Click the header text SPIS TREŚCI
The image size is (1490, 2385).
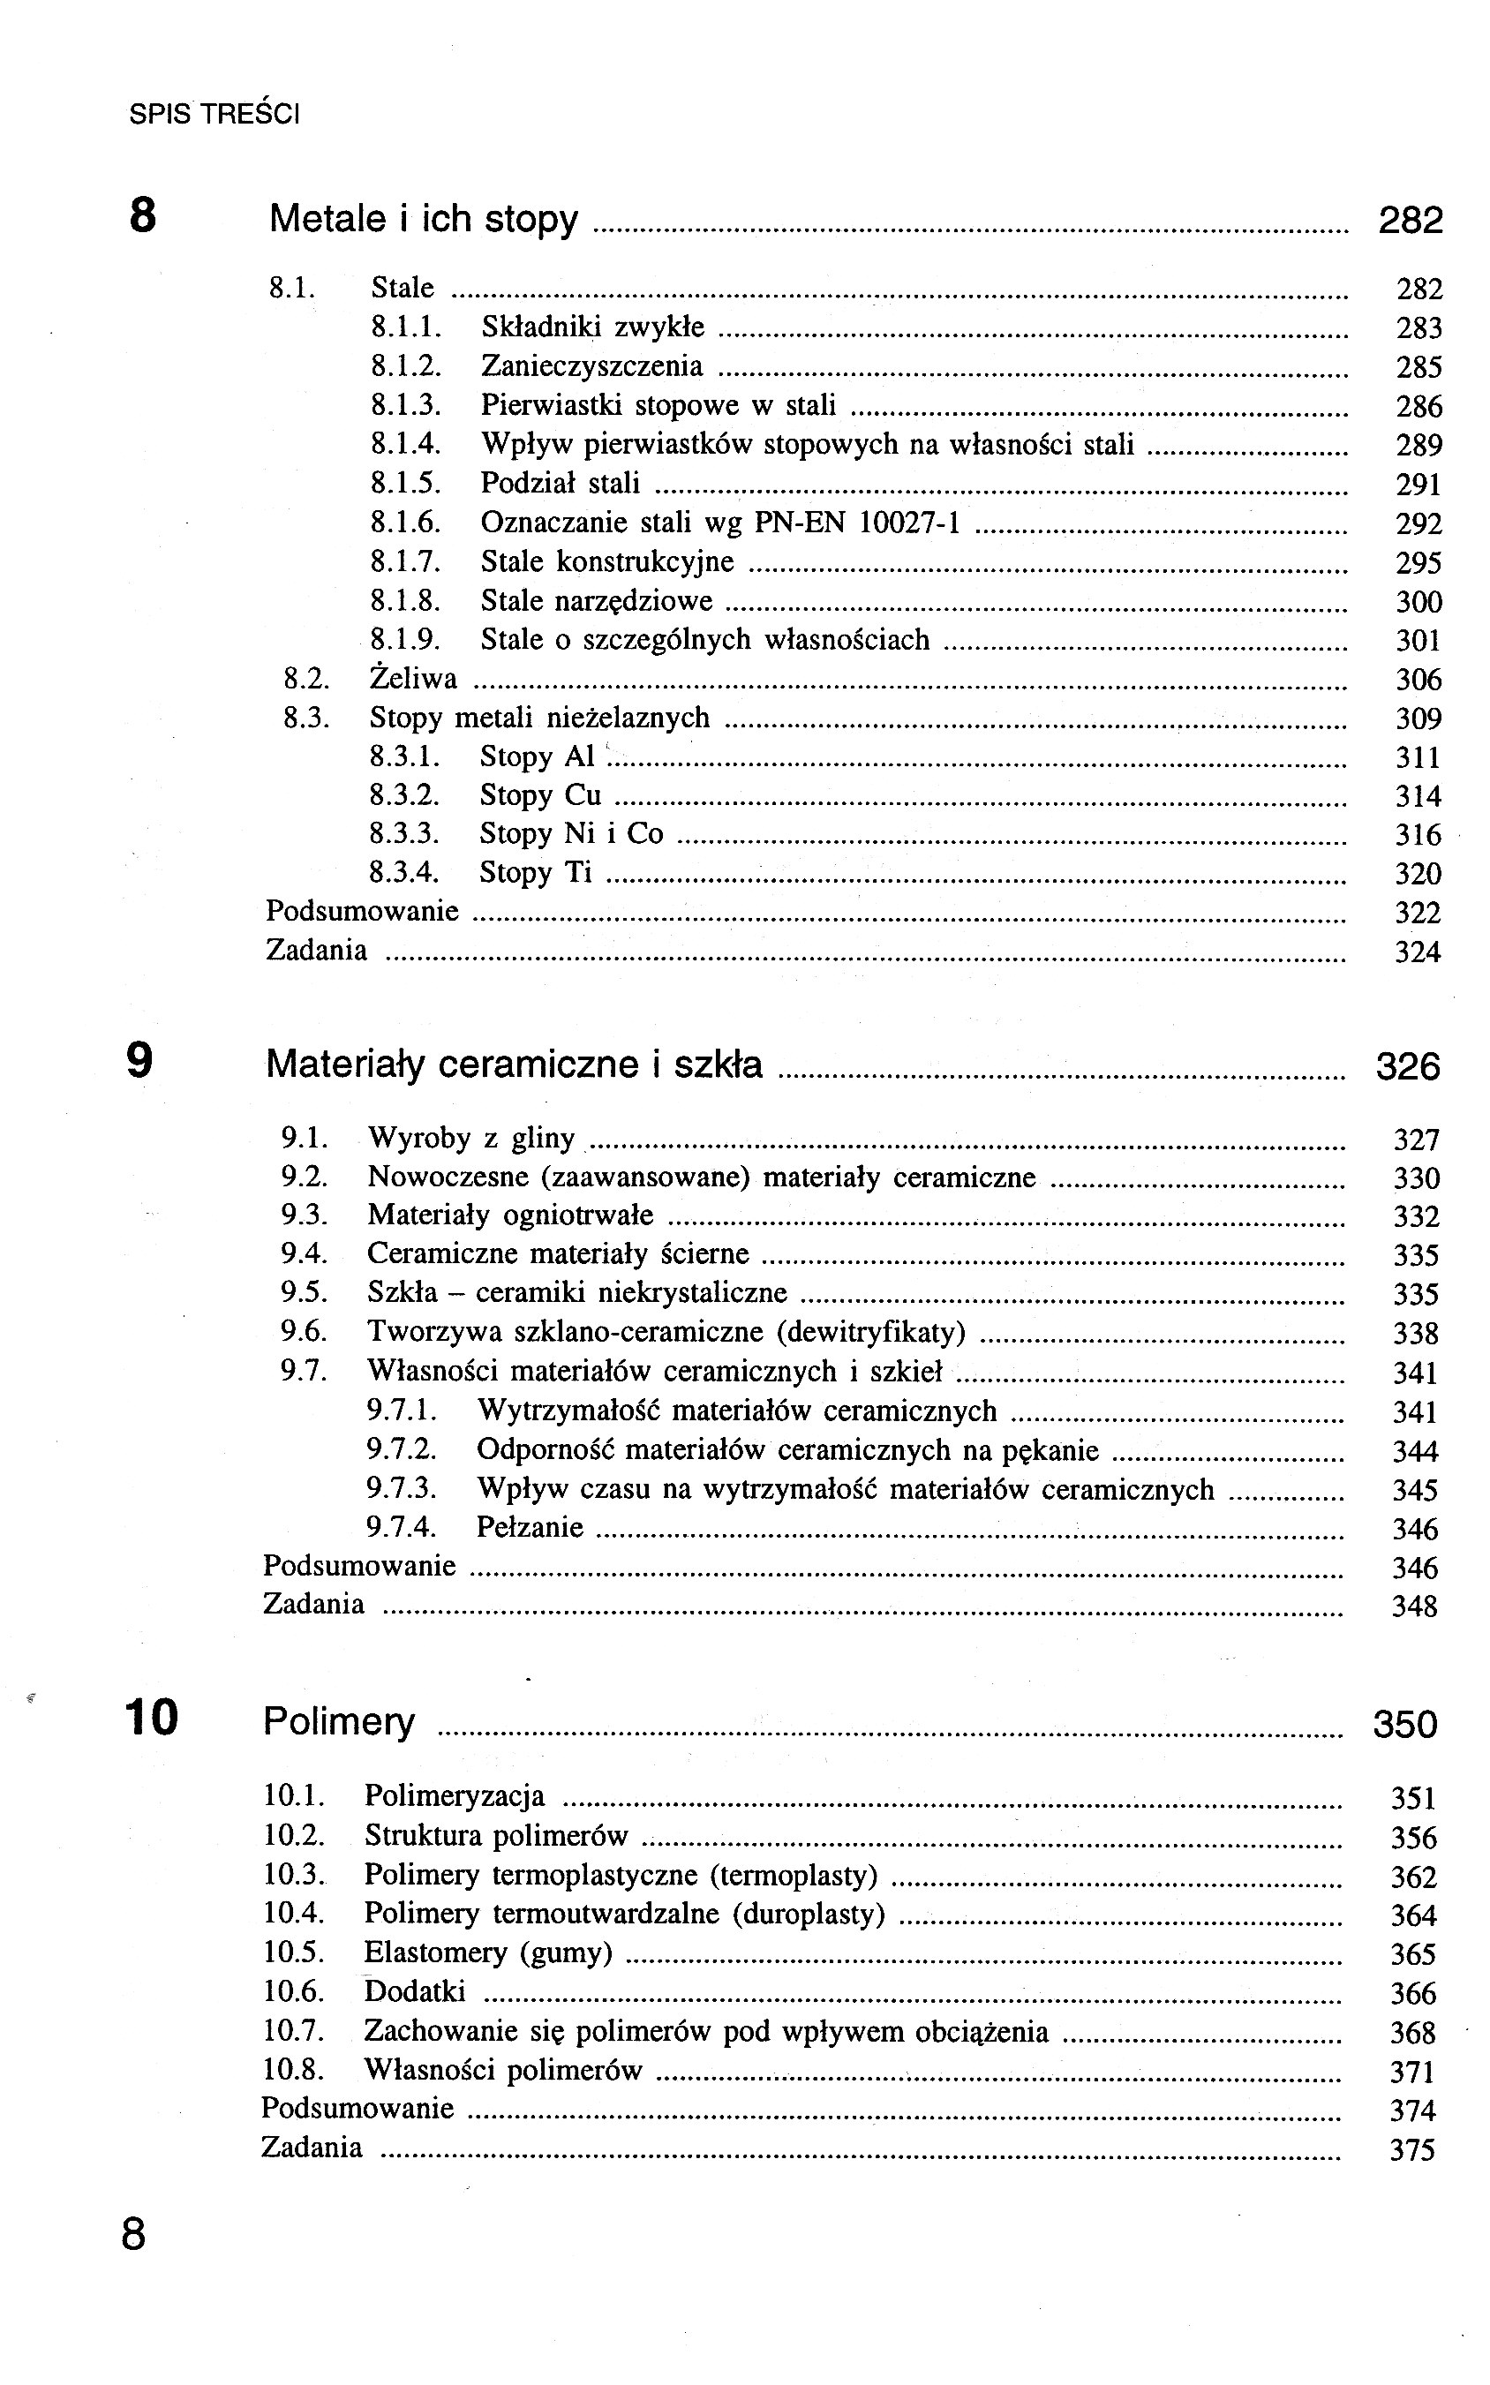214,114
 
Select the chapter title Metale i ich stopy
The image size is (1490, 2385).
423,219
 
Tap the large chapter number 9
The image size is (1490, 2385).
140,1061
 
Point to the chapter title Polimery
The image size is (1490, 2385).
339,1721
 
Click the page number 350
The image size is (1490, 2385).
1404,1724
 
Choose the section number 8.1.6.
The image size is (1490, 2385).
405,523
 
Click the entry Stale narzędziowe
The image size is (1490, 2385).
596,601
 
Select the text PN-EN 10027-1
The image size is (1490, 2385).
856,523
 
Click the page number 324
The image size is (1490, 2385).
1417,952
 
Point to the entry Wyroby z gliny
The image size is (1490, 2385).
471,1139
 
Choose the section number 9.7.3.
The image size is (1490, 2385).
402,1488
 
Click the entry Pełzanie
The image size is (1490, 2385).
530,1527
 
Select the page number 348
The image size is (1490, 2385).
1414,1606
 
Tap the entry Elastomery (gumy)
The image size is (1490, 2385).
488,1952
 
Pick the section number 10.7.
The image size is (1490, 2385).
293,2030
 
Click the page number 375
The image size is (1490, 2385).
1412,2148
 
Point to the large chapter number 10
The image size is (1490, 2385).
151,1717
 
